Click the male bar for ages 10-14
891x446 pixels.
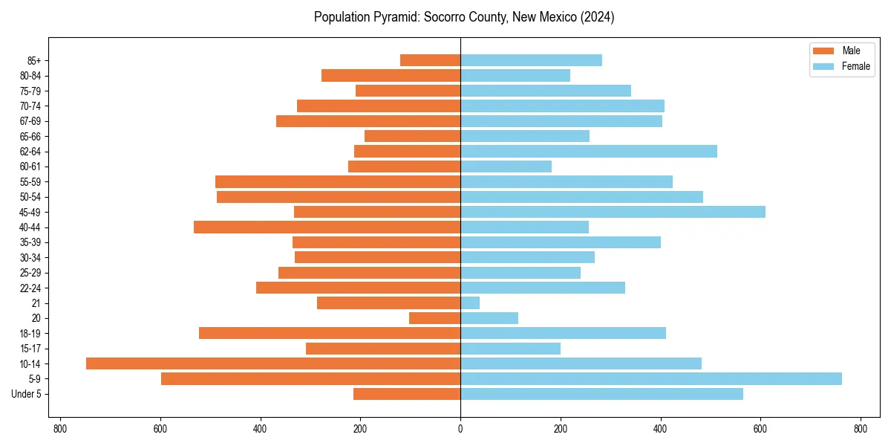tap(273, 363)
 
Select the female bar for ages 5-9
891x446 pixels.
tap(650, 378)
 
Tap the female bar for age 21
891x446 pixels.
tap(470, 303)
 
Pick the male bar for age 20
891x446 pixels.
tap(434, 318)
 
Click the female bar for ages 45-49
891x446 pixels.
tap(613, 212)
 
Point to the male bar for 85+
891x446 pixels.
tap(430, 60)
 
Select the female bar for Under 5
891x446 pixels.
tap(601, 394)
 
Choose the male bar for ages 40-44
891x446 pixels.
tap(327, 227)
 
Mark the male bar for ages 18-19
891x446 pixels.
tap(330, 333)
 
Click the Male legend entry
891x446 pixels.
tap(851, 51)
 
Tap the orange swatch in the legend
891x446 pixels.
tap(824, 51)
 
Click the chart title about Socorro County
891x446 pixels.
tap(464, 17)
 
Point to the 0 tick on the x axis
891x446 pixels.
tap(460, 428)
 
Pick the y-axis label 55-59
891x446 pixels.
tap(30, 181)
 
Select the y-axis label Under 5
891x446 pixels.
tap(26, 394)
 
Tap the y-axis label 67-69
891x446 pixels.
tap(30, 121)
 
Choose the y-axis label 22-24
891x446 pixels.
tap(30, 288)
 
